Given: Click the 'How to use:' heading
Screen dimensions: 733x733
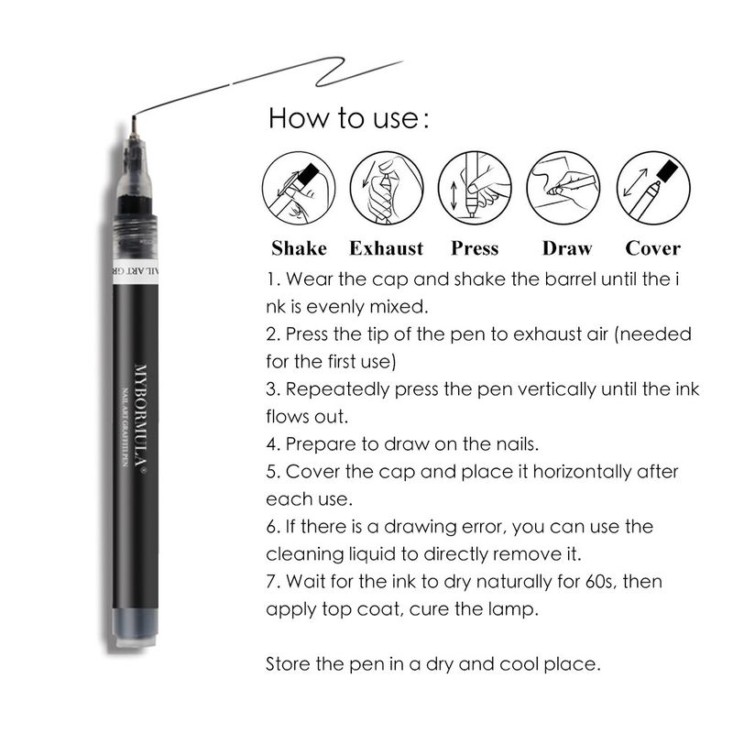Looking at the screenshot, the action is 348,118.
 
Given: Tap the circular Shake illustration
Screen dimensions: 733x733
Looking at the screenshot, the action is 299,188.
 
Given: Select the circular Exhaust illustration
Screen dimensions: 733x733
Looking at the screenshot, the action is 387,188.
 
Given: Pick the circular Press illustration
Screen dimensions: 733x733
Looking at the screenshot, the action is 475,188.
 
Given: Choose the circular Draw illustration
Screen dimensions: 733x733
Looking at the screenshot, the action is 563,188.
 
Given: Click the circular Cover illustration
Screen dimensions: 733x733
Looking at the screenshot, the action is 653,188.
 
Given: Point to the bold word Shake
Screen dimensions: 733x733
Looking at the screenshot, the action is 299,248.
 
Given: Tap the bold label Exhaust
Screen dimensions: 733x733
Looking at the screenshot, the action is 387,248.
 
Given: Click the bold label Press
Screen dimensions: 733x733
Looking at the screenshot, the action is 475,248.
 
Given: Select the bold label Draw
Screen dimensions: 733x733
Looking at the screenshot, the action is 567,248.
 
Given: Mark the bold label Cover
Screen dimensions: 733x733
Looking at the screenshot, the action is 653,248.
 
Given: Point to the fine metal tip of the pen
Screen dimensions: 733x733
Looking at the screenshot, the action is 134,126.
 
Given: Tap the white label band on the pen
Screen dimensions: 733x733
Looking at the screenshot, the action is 135,271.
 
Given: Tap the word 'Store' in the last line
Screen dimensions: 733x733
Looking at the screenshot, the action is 288,663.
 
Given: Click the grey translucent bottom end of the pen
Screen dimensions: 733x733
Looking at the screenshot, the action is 135,627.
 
